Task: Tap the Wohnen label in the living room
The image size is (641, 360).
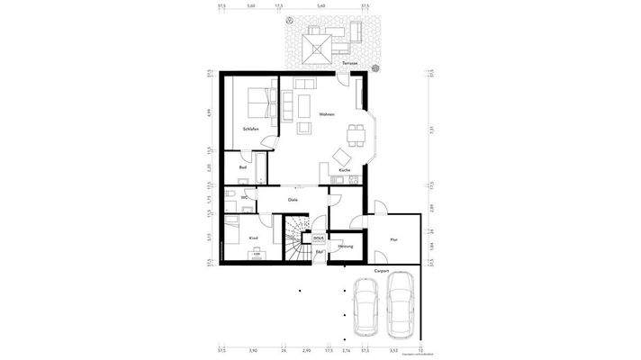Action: [327, 114]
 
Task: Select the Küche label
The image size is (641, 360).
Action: [345, 170]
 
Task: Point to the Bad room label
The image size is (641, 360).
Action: [243, 167]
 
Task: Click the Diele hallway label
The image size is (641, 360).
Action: [293, 199]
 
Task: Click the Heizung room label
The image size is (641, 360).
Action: [345, 246]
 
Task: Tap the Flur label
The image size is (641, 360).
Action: [393, 239]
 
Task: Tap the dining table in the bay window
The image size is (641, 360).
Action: [356, 135]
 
